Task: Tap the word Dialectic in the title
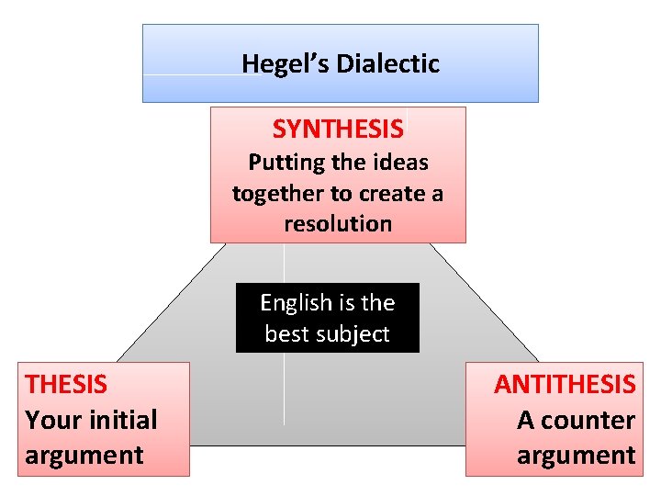click(388, 63)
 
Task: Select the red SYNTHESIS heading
click(338, 130)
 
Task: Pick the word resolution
click(338, 224)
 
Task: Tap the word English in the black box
click(295, 303)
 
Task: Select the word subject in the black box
click(353, 334)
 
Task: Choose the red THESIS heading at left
click(66, 384)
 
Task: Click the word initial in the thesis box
click(121, 420)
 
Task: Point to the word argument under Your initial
click(84, 455)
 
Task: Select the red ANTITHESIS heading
click(565, 384)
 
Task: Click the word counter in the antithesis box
click(592, 420)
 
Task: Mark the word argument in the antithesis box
click(576, 455)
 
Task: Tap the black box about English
click(327, 319)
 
